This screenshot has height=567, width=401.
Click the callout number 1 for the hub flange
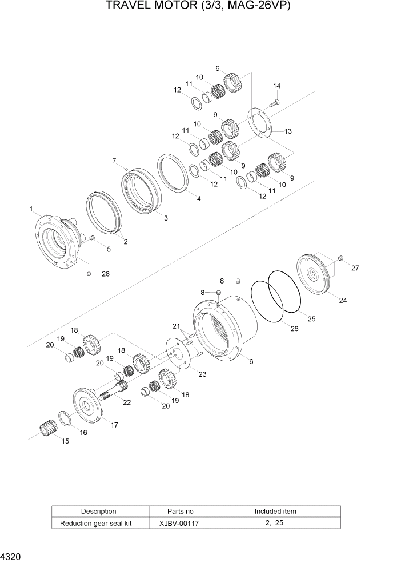[31, 210]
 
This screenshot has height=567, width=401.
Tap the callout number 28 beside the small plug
[105, 274]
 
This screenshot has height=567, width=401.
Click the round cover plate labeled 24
[315, 276]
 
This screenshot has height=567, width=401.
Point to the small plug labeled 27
[340, 259]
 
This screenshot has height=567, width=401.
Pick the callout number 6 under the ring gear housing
[250, 361]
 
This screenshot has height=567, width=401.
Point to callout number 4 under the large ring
[198, 199]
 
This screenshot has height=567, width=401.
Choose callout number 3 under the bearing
[166, 218]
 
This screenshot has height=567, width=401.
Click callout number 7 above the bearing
[114, 161]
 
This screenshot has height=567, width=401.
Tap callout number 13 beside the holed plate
[288, 131]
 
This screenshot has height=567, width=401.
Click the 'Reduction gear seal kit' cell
[101, 523]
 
